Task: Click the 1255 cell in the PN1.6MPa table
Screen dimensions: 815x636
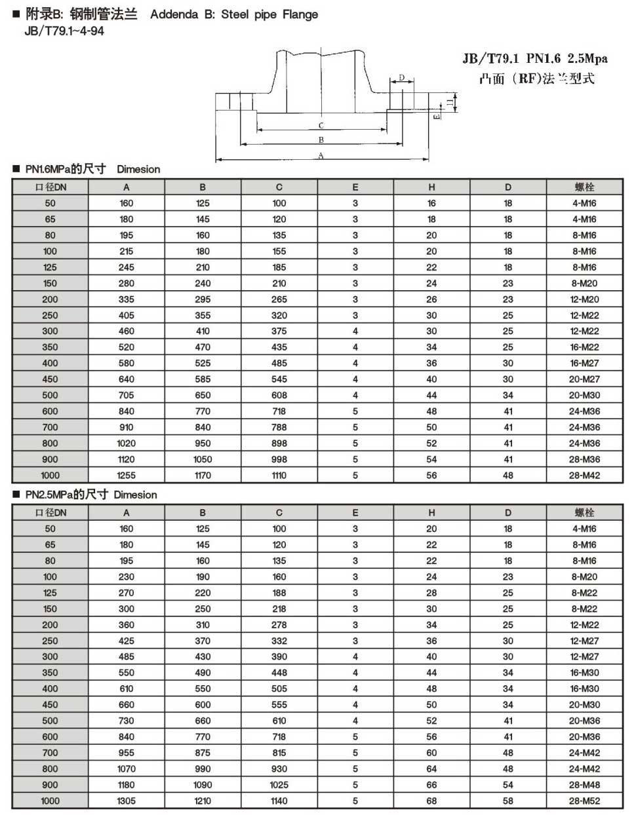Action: tap(127, 476)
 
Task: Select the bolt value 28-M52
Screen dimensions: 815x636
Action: tap(584, 801)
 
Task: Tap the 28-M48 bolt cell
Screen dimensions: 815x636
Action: tap(584, 785)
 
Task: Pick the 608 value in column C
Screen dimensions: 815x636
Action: tap(279, 395)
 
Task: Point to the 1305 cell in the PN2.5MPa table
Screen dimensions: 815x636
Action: tap(127, 801)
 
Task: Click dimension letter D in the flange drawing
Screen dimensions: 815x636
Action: tap(401, 78)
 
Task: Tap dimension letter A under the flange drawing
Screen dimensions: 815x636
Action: tap(321, 155)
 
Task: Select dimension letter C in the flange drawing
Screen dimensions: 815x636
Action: tap(321, 125)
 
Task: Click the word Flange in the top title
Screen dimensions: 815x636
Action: tap(300, 14)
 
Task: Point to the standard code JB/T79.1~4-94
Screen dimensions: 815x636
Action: tap(64, 31)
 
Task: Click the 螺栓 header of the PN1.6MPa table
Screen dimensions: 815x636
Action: tap(584, 187)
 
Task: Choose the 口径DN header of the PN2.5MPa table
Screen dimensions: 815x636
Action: tap(50, 512)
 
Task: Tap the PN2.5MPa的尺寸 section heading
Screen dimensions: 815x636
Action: tap(66, 495)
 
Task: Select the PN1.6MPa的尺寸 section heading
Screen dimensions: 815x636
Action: tap(66, 169)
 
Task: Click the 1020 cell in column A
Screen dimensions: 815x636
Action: tap(127, 444)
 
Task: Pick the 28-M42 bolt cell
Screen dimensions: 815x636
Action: tap(584, 476)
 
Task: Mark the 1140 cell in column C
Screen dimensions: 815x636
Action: tap(279, 801)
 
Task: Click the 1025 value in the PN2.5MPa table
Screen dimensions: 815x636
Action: tap(279, 785)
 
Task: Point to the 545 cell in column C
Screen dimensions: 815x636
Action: tap(279, 379)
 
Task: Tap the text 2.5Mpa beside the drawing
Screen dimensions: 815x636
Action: tap(587, 59)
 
